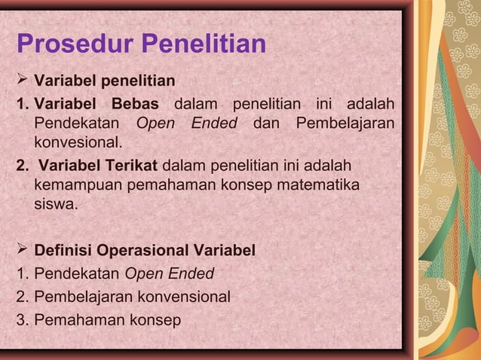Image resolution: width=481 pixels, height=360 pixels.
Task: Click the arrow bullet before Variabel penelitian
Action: [23, 79]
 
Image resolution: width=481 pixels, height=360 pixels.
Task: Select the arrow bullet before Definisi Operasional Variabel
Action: [23, 249]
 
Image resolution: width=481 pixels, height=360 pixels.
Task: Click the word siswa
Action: [54, 203]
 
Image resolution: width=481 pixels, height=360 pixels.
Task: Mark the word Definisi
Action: [65, 250]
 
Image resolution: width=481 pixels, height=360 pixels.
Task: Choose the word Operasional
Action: [148, 250]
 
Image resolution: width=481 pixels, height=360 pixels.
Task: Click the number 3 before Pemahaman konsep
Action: [21, 321]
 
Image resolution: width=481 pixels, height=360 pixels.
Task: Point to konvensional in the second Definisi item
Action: [180, 297]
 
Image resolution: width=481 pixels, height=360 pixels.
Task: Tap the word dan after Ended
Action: [265, 123]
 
